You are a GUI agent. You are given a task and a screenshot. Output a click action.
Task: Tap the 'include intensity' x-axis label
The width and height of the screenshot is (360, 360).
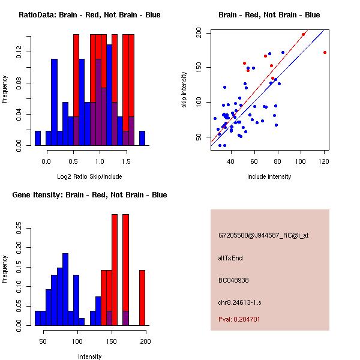(x=269, y=176)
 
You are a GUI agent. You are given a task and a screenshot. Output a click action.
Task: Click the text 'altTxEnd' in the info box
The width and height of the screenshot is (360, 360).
(x=231, y=258)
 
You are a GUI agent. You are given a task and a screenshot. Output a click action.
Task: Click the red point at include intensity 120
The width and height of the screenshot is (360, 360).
(x=325, y=52)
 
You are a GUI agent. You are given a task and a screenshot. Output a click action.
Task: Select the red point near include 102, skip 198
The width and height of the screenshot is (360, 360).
(x=303, y=34)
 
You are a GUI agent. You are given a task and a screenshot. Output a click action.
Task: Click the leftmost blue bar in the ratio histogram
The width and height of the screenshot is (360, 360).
(x=38, y=138)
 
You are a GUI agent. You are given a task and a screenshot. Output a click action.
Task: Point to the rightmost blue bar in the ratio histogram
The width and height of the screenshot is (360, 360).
(x=142, y=138)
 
